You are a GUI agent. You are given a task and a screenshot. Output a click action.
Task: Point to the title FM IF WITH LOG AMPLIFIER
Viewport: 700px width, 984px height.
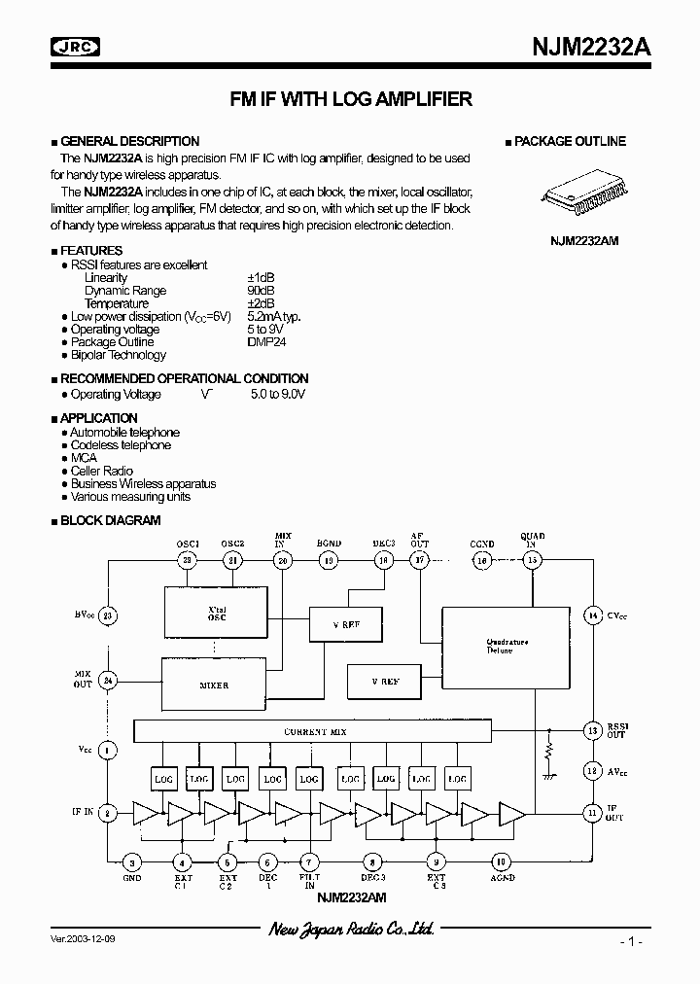(350, 98)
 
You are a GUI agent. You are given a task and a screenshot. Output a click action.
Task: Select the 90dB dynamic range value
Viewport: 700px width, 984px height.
(261, 291)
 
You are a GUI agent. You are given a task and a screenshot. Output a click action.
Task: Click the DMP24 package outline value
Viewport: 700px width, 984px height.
(266, 342)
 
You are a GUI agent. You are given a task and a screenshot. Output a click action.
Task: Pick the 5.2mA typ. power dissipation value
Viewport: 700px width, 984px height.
(274, 317)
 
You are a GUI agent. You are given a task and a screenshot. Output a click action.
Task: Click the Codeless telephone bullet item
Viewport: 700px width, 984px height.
(121, 445)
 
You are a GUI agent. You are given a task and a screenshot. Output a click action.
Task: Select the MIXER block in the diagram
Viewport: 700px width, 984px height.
(213, 685)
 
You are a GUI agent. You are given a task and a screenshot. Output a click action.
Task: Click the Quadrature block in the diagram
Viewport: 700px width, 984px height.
(506, 647)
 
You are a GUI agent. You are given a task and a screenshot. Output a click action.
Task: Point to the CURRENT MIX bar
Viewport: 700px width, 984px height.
(312, 731)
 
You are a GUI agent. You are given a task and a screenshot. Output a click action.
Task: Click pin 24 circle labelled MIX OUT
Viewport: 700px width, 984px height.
(108, 681)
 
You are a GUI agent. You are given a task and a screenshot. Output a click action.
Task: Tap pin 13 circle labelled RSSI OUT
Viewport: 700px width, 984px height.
(591, 730)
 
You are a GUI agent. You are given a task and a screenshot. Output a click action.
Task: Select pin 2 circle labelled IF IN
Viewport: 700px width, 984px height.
(108, 813)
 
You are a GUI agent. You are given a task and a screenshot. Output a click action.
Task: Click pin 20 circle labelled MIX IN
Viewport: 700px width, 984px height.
(283, 560)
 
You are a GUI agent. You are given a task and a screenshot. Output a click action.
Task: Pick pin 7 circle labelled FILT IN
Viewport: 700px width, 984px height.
(309, 861)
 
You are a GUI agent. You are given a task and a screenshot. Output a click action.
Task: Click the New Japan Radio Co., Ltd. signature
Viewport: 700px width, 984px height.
(350, 931)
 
